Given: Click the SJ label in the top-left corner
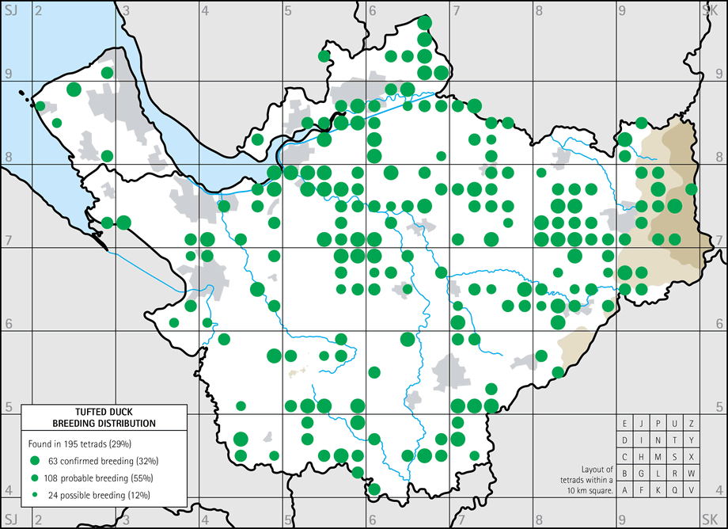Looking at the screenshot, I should (x=10, y=10).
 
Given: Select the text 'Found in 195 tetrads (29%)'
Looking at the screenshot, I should (x=80, y=443).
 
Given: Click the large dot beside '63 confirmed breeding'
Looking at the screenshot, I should (x=35, y=460).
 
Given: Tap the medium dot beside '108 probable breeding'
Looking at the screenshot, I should (x=35, y=478).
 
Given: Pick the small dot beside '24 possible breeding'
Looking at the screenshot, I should (x=35, y=495).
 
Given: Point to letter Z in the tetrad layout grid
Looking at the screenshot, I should (x=692, y=424).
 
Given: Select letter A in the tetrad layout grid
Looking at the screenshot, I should (x=625, y=490).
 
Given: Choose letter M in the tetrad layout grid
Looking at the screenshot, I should (x=658, y=457).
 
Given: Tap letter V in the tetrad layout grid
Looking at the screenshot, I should (x=692, y=490).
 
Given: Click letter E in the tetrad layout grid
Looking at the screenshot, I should (x=625, y=424).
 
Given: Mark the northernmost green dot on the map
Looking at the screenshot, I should (x=424, y=22).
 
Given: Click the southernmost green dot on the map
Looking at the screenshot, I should (x=374, y=489).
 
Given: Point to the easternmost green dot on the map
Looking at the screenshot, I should (x=691, y=188).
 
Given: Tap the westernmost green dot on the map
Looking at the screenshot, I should (x=40, y=106).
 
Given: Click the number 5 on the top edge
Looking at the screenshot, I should (x=288, y=10).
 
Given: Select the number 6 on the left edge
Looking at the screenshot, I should (x=8, y=324).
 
